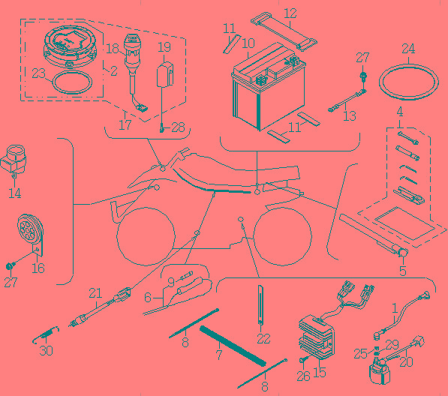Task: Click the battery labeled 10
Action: (x=268, y=85)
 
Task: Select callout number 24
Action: (x=408, y=49)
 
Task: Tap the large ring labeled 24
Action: (x=408, y=82)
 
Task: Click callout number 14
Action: (x=14, y=193)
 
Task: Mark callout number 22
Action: (x=263, y=338)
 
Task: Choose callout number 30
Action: (x=46, y=350)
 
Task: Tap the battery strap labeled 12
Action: (x=284, y=31)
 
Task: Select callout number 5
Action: (x=402, y=271)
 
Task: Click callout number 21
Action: (x=95, y=293)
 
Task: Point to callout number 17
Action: (x=125, y=125)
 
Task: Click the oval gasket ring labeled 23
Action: (x=72, y=82)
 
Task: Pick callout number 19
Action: (x=164, y=47)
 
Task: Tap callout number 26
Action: (x=303, y=376)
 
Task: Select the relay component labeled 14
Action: (x=14, y=160)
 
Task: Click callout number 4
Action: (x=400, y=112)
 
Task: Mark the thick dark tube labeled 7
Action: (x=233, y=346)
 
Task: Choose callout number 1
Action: (x=395, y=308)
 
